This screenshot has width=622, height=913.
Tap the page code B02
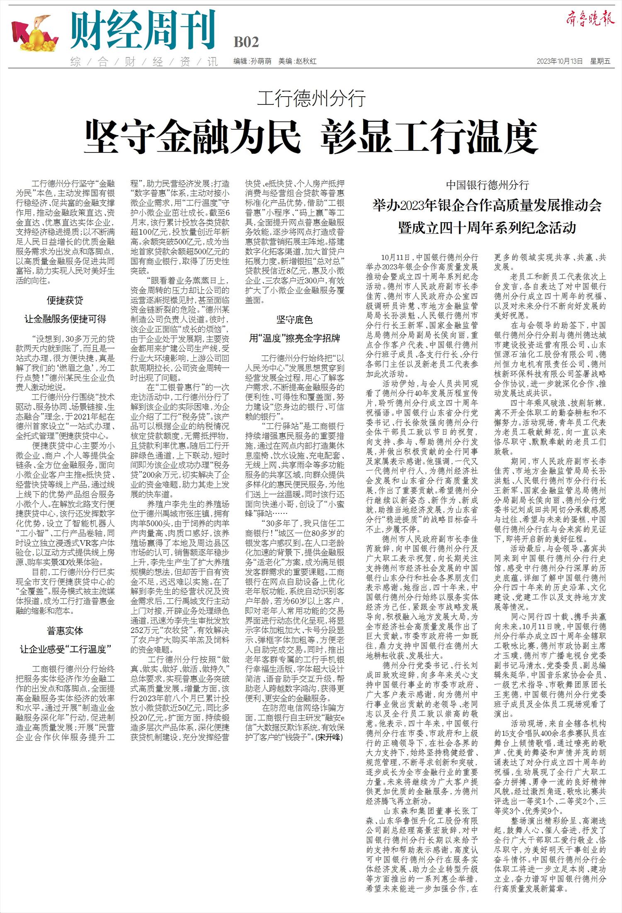tap(246, 42)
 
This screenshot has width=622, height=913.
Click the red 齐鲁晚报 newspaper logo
tap(590, 19)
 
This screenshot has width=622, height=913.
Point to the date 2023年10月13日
tap(559, 61)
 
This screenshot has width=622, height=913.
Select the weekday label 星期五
tap(600, 61)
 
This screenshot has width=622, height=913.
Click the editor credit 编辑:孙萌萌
tap(252, 61)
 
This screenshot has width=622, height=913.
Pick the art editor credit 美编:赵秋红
tap(297, 61)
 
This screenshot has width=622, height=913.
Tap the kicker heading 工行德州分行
tap(311, 99)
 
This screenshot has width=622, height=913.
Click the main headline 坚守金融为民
tap(192, 137)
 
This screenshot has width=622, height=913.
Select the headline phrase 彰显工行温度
tap(430, 137)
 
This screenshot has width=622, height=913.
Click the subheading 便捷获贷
tap(65, 300)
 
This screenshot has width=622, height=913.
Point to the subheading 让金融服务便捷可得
tap(65, 319)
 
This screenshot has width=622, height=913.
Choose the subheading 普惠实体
tap(65, 631)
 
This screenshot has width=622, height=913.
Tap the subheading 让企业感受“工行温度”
tap(65, 649)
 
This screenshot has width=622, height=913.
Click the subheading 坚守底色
tap(294, 320)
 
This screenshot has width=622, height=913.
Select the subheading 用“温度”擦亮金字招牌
tap(294, 338)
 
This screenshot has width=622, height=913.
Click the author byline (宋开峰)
tap(329, 737)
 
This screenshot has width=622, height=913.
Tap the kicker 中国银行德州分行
tap(487, 185)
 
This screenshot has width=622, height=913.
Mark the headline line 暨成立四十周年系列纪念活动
tap(487, 228)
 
